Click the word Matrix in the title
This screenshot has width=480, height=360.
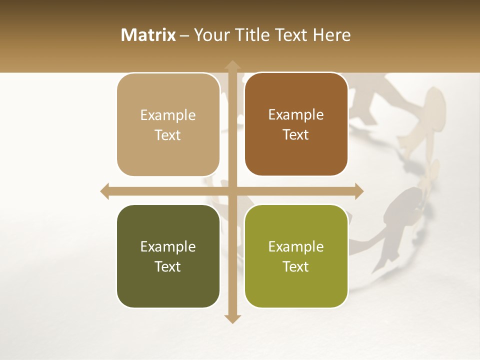148,35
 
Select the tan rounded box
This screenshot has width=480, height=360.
168,125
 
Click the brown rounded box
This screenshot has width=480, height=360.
296,124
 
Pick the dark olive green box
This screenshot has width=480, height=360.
168,256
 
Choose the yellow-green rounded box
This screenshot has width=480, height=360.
296,256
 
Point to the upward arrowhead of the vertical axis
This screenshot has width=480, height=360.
232,65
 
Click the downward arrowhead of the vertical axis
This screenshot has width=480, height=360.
232,318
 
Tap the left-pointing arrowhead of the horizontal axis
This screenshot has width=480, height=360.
105,191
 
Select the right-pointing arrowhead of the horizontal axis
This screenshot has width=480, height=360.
358,191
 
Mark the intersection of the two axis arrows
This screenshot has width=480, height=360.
232,191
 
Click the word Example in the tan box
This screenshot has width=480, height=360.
168,115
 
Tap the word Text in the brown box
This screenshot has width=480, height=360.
296,135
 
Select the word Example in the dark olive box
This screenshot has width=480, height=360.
168,247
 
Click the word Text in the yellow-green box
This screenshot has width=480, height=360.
296,266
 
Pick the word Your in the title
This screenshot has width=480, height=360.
210,35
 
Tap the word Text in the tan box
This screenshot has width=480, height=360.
168,135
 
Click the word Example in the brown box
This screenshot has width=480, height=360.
296,115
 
